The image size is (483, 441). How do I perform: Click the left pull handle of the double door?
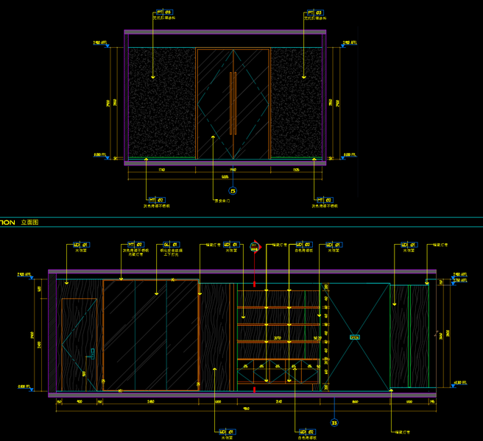230,103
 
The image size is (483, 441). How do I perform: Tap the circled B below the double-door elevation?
233,191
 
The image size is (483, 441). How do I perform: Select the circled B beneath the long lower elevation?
334,422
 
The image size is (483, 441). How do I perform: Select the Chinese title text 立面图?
30,221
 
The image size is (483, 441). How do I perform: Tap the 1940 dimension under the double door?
233,170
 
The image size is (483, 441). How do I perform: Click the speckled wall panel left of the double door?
162,103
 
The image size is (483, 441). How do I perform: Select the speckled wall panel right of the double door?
297,103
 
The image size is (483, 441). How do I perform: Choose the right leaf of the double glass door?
251,103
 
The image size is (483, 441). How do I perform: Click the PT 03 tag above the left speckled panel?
163,12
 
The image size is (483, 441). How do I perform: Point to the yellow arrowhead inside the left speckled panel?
152,76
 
